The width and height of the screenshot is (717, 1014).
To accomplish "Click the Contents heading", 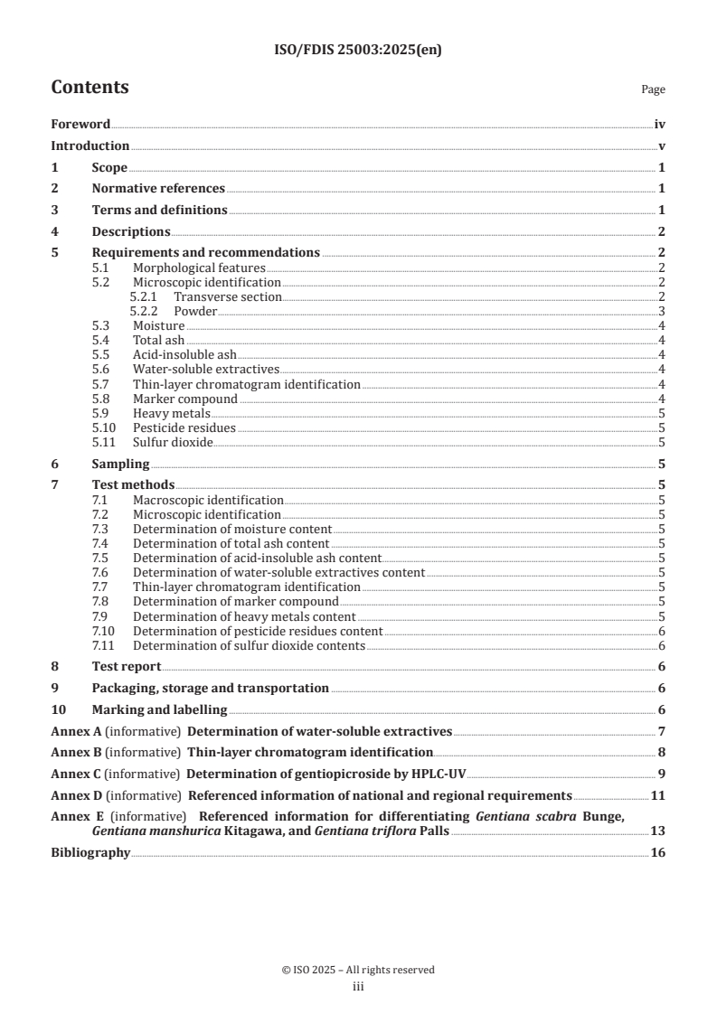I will coord(90,88).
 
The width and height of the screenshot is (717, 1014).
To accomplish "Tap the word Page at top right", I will coord(653,89).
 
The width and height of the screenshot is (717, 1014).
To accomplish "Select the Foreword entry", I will coord(80,125).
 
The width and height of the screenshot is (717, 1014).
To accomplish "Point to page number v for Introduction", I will coord(662,146).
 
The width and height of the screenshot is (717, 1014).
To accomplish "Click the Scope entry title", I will coord(109,167).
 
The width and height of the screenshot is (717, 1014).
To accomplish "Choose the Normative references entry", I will coord(158,189).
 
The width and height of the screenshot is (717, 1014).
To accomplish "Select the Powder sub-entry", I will coord(195,311).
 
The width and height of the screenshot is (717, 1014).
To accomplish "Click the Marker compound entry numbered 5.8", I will coord(185,399).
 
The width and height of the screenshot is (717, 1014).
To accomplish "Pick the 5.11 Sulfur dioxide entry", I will coord(172,442).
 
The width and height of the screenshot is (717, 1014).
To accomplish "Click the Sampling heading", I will coord(120,464).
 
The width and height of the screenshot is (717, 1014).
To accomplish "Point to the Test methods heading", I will coord(133,485).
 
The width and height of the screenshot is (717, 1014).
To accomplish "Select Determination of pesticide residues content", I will coord(258,631).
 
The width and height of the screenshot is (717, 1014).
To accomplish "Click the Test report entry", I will coord(127,666).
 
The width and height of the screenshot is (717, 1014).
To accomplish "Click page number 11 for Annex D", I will coord(658,796).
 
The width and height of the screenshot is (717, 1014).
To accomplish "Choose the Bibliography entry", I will coord(90,853).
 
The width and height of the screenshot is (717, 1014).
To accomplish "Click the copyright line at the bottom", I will coord(358,970).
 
